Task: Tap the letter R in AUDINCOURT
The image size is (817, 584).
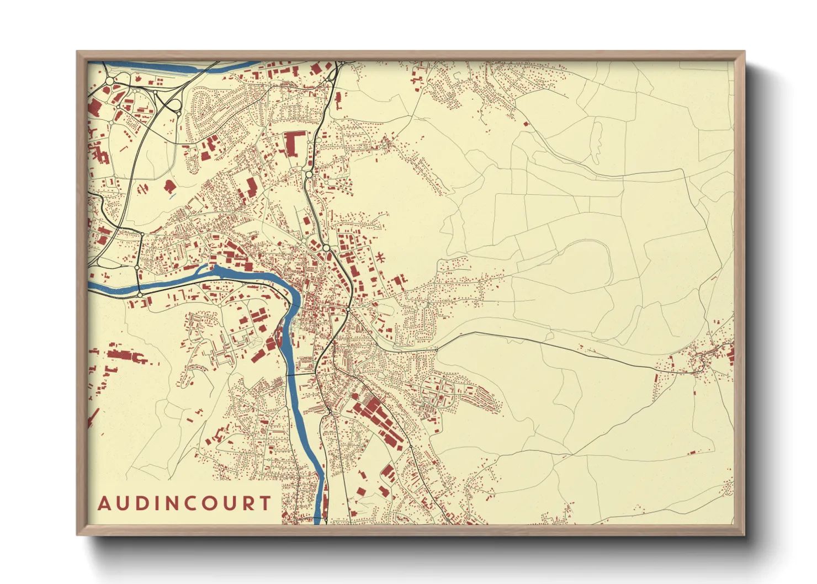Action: pos(247,503)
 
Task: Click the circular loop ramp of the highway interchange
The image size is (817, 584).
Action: pos(174,104)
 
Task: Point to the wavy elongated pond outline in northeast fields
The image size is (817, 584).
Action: pos(597,142)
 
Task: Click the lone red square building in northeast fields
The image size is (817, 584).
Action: pos(526,124)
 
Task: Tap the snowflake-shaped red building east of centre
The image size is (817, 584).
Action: pos(380,257)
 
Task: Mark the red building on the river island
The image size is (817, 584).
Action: pos(279,333)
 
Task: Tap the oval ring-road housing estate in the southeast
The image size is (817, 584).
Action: pos(438,390)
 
